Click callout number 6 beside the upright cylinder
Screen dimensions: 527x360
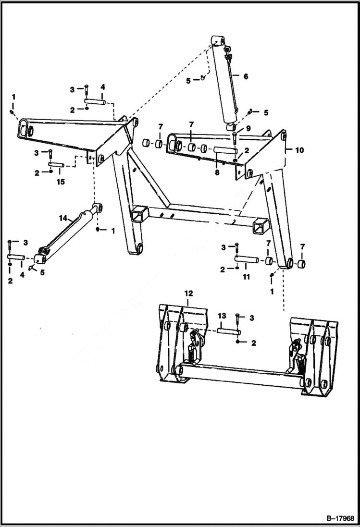246,76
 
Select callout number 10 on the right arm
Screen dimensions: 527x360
299,150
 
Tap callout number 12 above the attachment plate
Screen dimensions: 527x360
188,293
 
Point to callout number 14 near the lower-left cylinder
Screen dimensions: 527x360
62,218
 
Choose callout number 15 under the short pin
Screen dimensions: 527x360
60,182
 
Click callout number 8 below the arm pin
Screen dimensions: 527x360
217,172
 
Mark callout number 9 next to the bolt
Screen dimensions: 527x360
248,128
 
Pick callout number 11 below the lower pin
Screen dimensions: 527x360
246,277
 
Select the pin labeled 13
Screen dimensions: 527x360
228,331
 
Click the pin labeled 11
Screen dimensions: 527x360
246,260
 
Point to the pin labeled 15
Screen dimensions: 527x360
57,166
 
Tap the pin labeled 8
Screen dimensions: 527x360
224,149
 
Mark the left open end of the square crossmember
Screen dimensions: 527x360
138,212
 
